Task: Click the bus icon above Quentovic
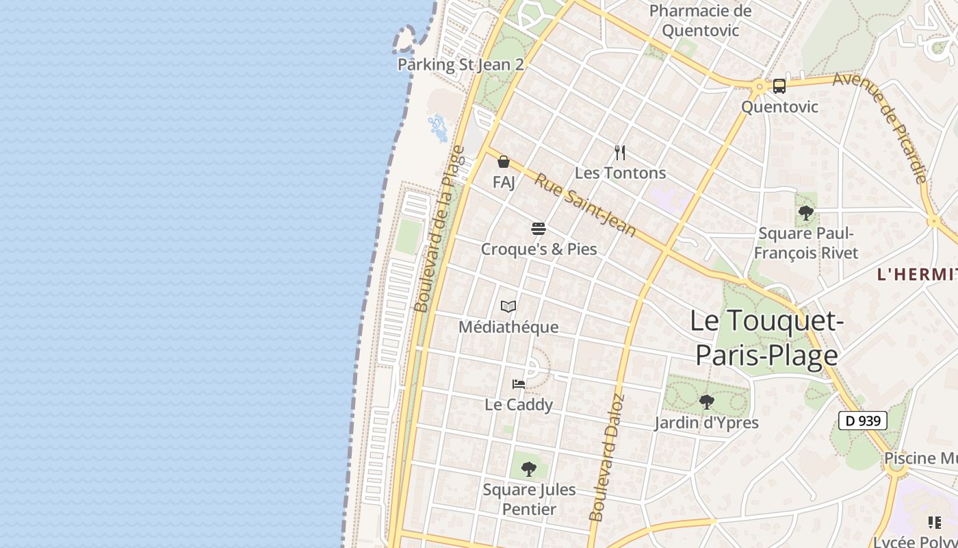tap(779, 86)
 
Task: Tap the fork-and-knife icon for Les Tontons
tap(620, 152)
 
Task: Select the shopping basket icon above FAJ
tap(504, 162)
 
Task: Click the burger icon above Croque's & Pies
tap(539, 228)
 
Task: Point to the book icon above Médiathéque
tap(508, 306)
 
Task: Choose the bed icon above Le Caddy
tap(519, 384)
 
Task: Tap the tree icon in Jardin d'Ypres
tap(706, 401)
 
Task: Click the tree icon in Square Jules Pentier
tap(528, 469)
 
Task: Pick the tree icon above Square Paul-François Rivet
tap(806, 212)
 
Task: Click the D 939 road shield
tap(863, 421)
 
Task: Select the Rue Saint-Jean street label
tap(585, 205)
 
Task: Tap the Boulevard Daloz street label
tap(607, 458)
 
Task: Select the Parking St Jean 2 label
tap(461, 64)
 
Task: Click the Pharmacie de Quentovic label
tap(700, 21)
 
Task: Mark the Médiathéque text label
tap(508, 327)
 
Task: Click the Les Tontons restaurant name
tap(620, 173)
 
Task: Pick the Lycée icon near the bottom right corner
tap(934, 523)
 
